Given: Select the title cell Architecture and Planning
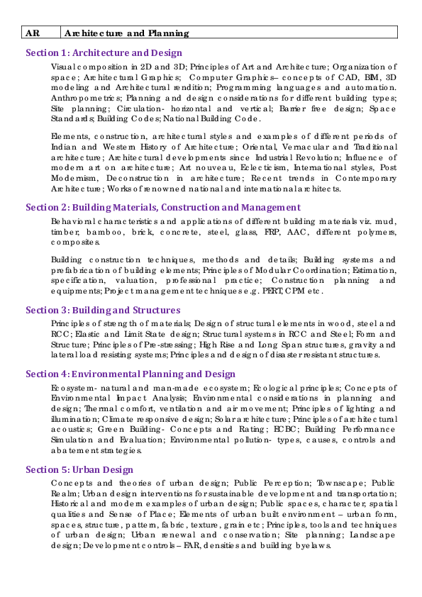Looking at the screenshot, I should (x=126, y=33).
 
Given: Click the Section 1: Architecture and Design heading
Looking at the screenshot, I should (x=104, y=52).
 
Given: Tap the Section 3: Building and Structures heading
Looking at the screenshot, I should (x=103, y=310).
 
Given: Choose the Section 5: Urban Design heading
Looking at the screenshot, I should (x=79, y=469).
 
